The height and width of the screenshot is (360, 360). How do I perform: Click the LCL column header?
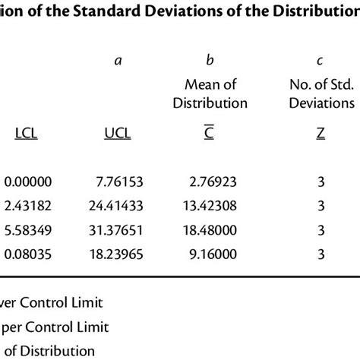tap(27, 134)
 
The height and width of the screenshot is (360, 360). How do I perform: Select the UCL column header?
tap(117, 134)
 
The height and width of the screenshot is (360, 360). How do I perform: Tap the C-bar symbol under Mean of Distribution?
tap(210, 134)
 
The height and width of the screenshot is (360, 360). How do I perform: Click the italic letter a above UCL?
tap(118, 60)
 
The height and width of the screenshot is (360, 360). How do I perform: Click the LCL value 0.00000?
tap(28, 182)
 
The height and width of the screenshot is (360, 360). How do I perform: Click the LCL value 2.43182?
tap(28, 205)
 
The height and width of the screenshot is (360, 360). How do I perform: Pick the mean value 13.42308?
tap(209, 205)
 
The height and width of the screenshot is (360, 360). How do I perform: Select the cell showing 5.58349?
tap(28, 229)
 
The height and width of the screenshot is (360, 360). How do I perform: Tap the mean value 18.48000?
tap(209, 229)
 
